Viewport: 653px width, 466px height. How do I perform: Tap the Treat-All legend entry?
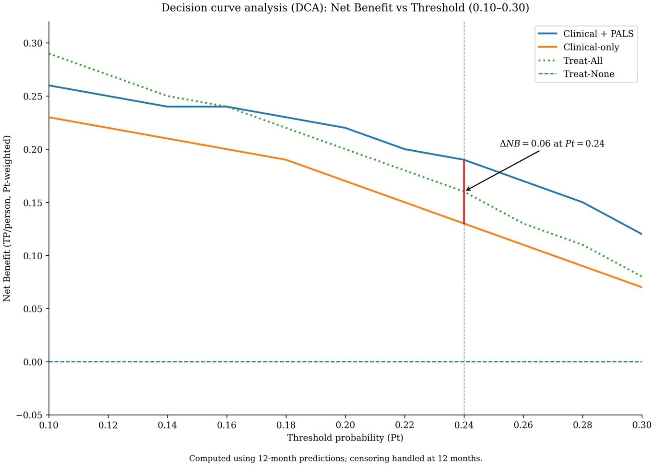[x=583, y=61]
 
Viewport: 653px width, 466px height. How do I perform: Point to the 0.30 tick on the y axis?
[x=33, y=43]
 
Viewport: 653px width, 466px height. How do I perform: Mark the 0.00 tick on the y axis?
[x=33, y=362]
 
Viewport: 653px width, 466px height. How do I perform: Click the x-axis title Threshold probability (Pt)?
[x=345, y=438]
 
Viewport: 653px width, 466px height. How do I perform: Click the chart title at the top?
[x=345, y=8]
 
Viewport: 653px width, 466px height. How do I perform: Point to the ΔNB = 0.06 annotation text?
[x=552, y=144]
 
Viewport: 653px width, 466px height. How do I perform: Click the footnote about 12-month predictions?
[x=336, y=458]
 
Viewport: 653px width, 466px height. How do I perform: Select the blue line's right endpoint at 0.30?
[x=641, y=234]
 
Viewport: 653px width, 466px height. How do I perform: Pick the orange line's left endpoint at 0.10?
[x=49, y=117]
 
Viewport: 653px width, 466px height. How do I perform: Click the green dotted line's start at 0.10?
[x=49, y=54]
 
